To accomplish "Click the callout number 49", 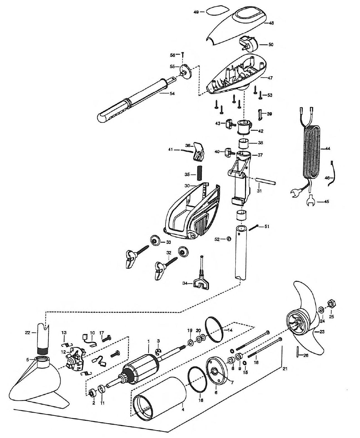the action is [196, 12].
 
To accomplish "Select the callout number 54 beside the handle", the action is [172, 94].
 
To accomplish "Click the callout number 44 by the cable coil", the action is [328, 148].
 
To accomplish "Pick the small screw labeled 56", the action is [183, 55].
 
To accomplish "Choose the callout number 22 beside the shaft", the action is [28, 332].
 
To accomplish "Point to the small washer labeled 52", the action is [229, 239].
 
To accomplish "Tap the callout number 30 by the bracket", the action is [187, 186].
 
